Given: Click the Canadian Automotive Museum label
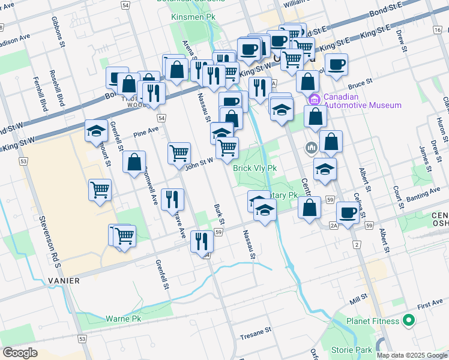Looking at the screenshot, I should (x=362, y=101).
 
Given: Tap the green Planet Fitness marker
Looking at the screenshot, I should (x=409, y=321).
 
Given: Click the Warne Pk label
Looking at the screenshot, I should (x=122, y=319).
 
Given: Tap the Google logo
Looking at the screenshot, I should (x=20, y=353).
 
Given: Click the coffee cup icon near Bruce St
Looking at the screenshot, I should (x=337, y=65).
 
